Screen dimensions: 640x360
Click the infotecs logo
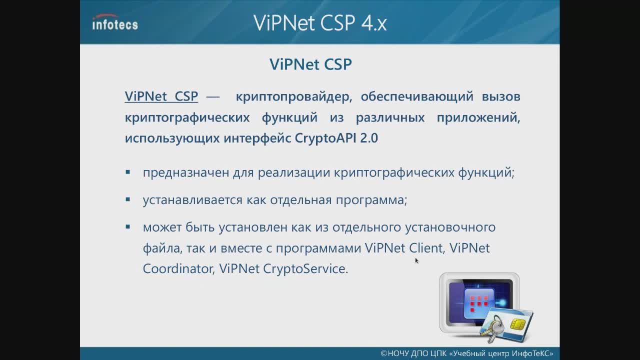click(115, 22)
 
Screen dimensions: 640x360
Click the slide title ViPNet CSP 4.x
click(320, 22)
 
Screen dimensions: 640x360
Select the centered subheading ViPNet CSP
click(310, 64)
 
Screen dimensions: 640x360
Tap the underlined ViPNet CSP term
click(161, 96)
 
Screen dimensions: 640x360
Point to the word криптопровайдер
click(293, 97)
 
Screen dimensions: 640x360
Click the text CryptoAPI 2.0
click(336, 138)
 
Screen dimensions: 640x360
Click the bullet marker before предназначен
click(127, 172)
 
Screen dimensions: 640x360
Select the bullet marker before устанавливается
click(127, 199)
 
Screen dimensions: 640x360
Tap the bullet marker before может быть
click(127, 227)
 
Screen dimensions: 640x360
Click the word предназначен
click(185, 173)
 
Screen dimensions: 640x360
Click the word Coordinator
click(178, 268)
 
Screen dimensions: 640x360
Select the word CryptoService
click(305, 269)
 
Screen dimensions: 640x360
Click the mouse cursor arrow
click(417, 260)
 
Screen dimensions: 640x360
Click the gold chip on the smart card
click(517, 323)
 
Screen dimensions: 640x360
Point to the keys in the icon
click(492, 328)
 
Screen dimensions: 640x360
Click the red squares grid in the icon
click(479, 303)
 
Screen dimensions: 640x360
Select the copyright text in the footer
click(467, 353)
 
